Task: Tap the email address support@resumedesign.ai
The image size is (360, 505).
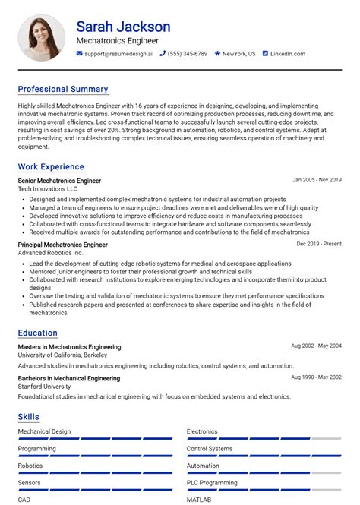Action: [x=118, y=54]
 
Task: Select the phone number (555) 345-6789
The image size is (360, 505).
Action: [x=188, y=54]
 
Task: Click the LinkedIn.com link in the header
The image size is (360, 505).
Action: [x=287, y=54]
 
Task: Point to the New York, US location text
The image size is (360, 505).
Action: [x=238, y=54]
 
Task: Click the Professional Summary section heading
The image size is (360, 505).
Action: [x=63, y=89]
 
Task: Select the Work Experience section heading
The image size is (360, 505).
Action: [x=51, y=166]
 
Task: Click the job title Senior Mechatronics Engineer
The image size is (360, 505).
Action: [x=59, y=181]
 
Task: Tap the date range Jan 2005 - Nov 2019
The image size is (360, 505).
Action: [x=317, y=181]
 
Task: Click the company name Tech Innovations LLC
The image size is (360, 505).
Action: [x=48, y=189]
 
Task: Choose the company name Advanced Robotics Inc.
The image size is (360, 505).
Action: [x=50, y=253]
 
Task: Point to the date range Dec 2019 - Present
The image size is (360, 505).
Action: [x=319, y=245]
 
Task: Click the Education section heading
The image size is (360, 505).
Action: [x=38, y=333]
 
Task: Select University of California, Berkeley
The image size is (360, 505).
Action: [x=63, y=355]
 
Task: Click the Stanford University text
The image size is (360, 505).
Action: [x=45, y=387]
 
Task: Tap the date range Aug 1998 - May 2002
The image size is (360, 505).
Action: [x=316, y=377]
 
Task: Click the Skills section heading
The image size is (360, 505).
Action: [x=29, y=417]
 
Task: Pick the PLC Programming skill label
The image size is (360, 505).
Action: [x=213, y=481]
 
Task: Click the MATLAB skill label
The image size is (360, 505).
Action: [x=199, y=500]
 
